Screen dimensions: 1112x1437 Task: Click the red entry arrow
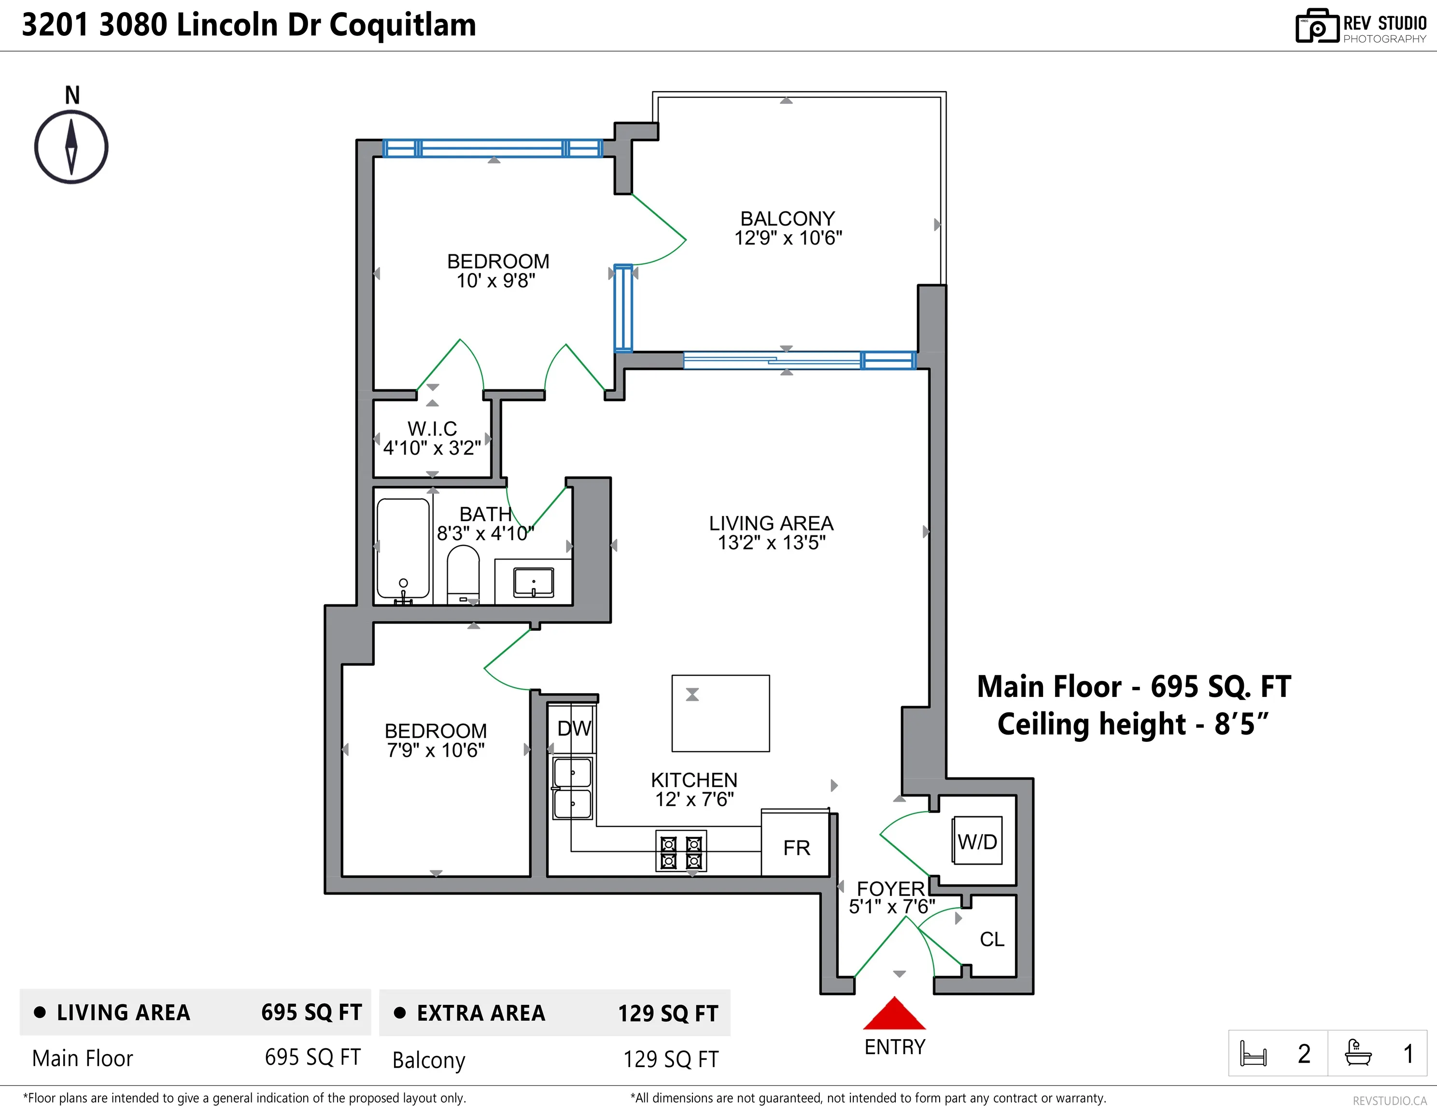click(x=894, y=1014)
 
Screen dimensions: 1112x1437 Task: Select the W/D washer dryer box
click(x=977, y=841)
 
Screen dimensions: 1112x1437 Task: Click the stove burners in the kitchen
click(x=681, y=851)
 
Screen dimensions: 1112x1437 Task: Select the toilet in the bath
click(x=463, y=573)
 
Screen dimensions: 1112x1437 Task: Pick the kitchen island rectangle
click(x=720, y=713)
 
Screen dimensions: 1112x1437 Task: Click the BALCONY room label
click(x=788, y=218)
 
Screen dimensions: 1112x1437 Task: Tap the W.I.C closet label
click(x=432, y=429)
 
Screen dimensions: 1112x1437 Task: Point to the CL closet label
click(x=991, y=940)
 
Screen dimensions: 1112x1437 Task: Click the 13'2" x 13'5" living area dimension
click(x=771, y=543)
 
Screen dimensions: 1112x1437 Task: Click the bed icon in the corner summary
click(x=1253, y=1054)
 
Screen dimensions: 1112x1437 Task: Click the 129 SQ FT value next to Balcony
click(x=671, y=1059)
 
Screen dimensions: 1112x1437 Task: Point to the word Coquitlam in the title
click(x=403, y=25)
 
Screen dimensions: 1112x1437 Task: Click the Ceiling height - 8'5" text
click(x=1132, y=724)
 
